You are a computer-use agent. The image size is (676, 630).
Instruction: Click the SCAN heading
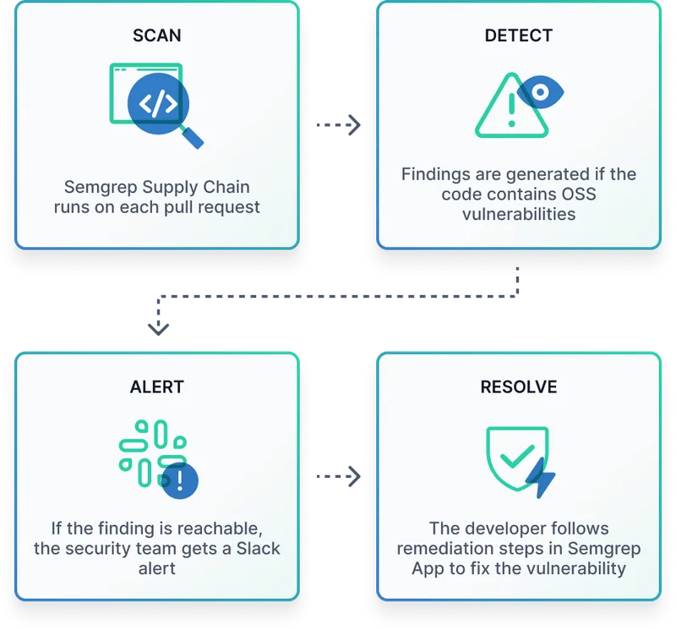pyautogui.click(x=157, y=36)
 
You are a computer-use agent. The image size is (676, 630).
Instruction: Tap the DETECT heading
pyautogui.click(x=518, y=36)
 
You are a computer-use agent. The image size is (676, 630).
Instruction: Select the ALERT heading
pyautogui.click(x=157, y=387)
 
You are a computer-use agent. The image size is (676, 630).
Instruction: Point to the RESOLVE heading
pyautogui.click(x=518, y=387)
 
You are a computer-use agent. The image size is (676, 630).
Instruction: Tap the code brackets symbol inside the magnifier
pyautogui.click(x=158, y=104)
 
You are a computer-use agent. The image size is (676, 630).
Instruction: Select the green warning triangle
pyautogui.click(x=506, y=110)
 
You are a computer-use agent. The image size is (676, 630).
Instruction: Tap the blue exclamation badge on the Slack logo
pyautogui.click(x=180, y=481)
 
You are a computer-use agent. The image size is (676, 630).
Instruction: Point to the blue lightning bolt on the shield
pyautogui.click(x=540, y=479)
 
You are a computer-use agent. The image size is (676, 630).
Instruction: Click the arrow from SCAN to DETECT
pyautogui.click(x=338, y=125)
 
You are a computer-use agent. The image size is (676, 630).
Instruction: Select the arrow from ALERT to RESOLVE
pyautogui.click(x=338, y=476)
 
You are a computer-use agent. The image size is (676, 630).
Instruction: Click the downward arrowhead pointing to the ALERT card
pyautogui.click(x=158, y=327)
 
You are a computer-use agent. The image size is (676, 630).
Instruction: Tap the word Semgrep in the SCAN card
pyautogui.click(x=100, y=186)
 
